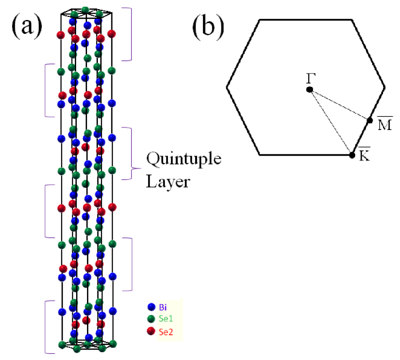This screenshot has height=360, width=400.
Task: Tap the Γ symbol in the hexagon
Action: pyautogui.click(x=309, y=79)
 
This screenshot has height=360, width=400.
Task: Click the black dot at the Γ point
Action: pyautogui.click(x=310, y=90)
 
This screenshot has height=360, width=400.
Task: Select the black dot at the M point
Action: pyautogui.click(x=370, y=120)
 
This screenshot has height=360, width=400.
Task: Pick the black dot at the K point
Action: pyautogui.click(x=352, y=154)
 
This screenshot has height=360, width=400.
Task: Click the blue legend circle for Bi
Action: pyautogui.click(x=151, y=307)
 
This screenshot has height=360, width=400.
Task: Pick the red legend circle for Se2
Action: pyautogui.click(x=151, y=332)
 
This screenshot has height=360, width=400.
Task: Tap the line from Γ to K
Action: pyautogui.click(x=330, y=122)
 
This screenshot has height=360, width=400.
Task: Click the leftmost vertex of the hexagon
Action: pyautogui.click(x=227, y=87)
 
